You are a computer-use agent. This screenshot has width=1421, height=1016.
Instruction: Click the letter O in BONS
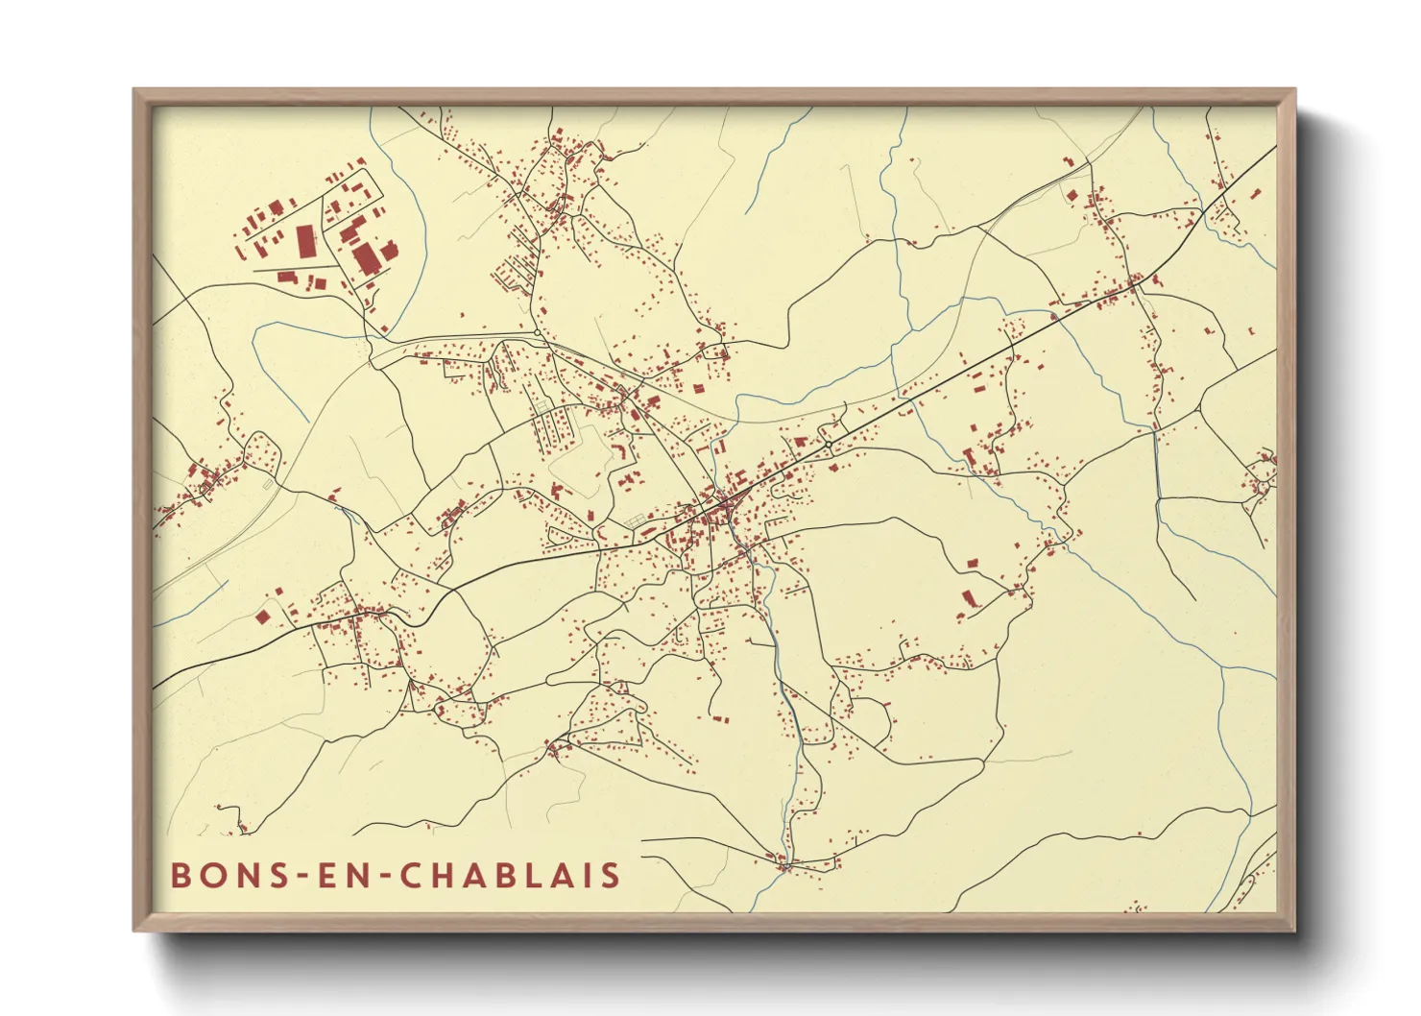pyautogui.click(x=214, y=876)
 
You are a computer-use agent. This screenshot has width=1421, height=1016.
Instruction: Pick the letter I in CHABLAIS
pyautogui.click(x=583, y=876)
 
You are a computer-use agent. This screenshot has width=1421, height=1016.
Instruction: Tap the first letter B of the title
pyautogui.click(x=180, y=876)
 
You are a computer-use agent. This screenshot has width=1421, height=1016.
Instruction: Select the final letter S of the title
pyautogui.click(x=610, y=876)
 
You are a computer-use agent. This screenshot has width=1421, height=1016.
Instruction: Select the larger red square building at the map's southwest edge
pyautogui.click(x=263, y=617)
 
